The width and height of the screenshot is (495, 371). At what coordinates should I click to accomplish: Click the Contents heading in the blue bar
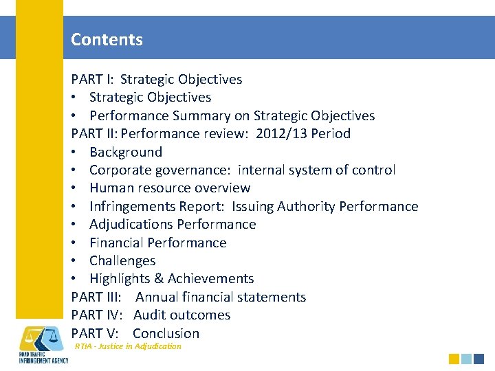pos(107,39)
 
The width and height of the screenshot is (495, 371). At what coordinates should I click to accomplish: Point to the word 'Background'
pos(126,152)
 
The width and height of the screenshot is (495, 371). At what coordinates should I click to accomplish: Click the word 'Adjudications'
pos(131,224)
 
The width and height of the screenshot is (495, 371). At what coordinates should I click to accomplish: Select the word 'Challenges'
pos(122,260)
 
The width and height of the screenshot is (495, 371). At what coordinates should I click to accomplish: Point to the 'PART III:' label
pos(97,297)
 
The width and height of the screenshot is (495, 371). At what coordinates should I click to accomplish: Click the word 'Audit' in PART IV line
pos(150,315)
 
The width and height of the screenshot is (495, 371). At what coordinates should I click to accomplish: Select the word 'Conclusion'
pos(166,333)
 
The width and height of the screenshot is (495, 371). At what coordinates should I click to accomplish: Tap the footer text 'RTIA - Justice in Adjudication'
pos(128,346)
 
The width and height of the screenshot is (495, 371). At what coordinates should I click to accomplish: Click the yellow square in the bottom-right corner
pos(454,359)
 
